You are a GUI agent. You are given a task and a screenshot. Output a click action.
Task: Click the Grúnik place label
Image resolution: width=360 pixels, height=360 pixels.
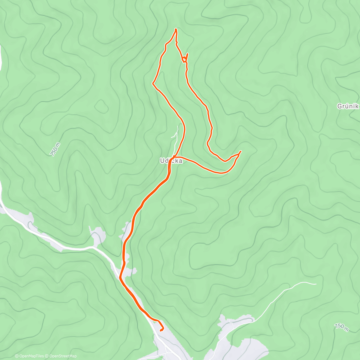(x=348, y=106)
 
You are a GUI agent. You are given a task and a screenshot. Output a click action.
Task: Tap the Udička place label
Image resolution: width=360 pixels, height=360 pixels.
(x=171, y=161)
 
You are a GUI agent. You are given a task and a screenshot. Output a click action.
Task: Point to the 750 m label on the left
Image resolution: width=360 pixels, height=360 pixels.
(x=55, y=149)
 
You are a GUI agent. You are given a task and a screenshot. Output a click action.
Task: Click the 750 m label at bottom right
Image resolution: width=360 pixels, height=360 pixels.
(x=341, y=327)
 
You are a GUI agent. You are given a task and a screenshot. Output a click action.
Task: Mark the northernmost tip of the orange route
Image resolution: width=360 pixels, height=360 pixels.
(x=176, y=29)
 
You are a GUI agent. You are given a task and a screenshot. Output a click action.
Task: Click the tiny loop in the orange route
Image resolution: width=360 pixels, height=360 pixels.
(x=184, y=58)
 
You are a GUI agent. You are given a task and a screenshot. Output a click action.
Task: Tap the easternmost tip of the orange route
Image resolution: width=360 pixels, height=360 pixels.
(x=241, y=151)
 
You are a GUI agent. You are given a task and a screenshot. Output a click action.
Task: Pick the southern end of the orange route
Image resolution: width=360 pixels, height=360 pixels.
(x=161, y=330)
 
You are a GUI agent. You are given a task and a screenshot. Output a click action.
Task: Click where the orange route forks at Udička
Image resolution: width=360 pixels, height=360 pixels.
(x=174, y=157)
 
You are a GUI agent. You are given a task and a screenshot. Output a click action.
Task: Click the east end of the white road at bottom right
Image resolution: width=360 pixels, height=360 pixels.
(x=316, y=284)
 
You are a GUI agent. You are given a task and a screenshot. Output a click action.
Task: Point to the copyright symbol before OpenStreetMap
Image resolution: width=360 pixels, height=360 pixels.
(x=47, y=356)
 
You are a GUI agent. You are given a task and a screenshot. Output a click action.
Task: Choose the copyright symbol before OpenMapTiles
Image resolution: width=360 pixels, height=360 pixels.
(x=16, y=356)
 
